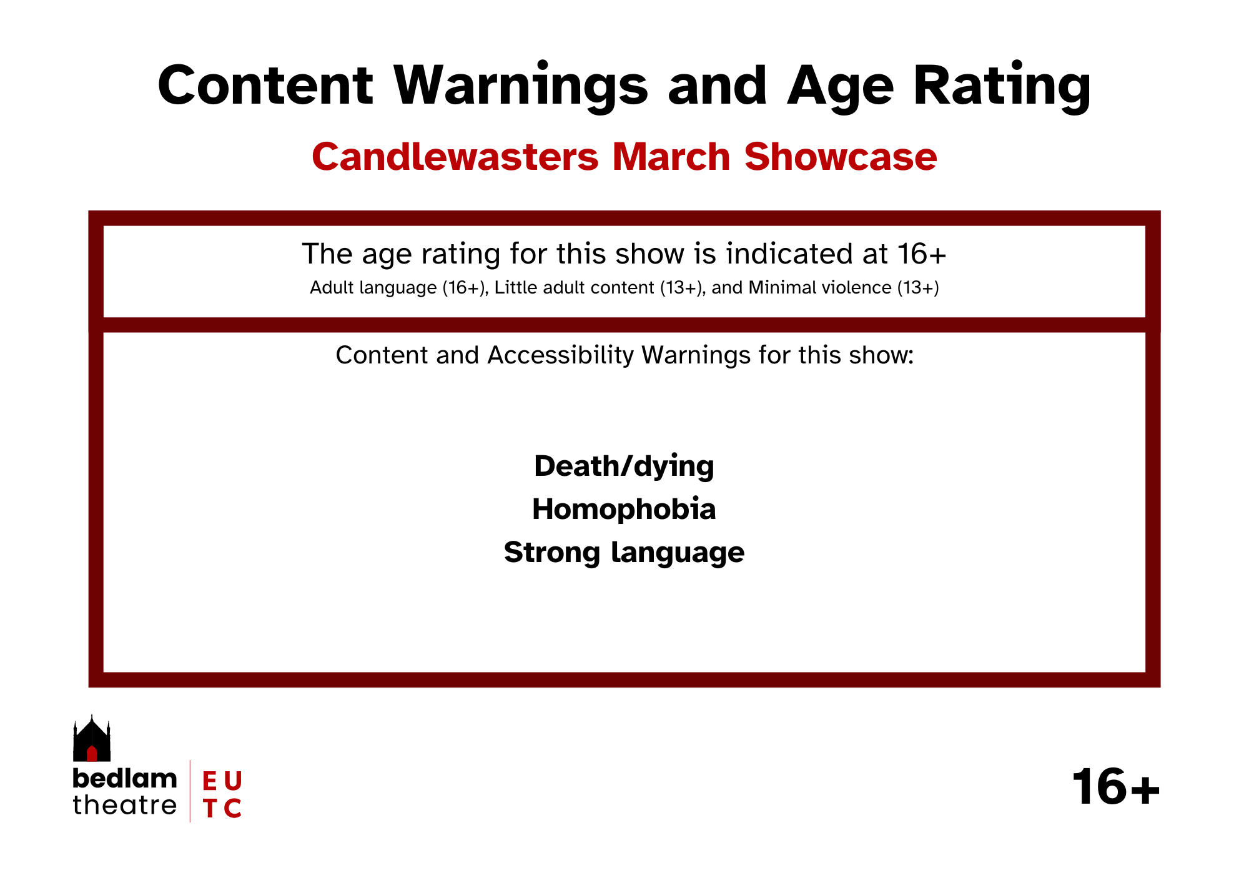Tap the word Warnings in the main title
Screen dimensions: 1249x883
click(x=521, y=87)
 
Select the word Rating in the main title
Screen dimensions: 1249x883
click(x=1002, y=87)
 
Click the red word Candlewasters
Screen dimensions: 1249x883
click(x=455, y=156)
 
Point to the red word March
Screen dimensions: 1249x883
click(x=671, y=156)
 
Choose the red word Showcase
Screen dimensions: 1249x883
click(x=841, y=156)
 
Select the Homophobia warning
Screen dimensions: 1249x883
click(x=624, y=509)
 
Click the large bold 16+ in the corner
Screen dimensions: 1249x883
click(x=1116, y=787)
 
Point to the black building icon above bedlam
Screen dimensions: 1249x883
click(x=92, y=738)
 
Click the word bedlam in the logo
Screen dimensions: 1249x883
click(x=125, y=779)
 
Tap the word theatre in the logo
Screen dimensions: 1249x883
click(x=125, y=805)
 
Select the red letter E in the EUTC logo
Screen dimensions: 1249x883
click(x=210, y=781)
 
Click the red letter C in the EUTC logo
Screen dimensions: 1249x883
click(x=232, y=808)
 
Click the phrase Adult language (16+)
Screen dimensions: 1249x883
click(x=398, y=288)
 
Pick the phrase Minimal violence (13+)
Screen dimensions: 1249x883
click(x=844, y=288)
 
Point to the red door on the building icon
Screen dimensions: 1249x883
click(x=92, y=753)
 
